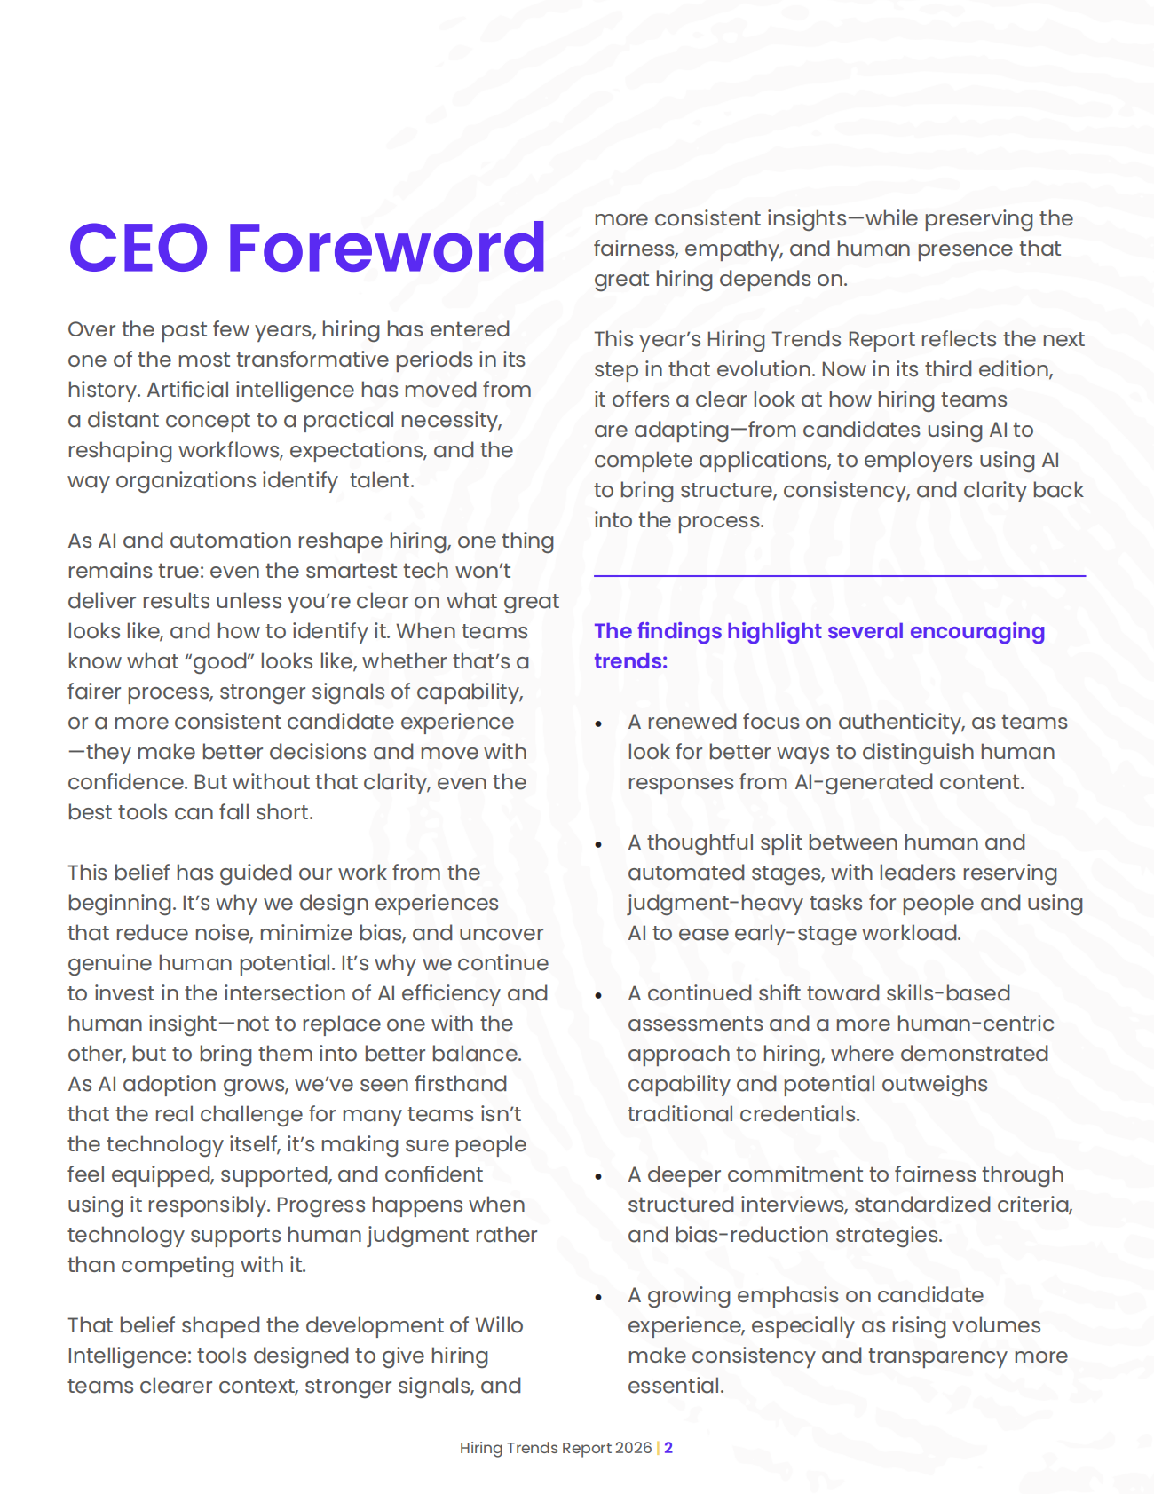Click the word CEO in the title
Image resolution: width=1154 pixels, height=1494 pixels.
coord(138,248)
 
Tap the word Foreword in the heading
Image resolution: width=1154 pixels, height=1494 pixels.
coord(386,248)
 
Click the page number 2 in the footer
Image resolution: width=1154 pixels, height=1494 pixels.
coord(668,1448)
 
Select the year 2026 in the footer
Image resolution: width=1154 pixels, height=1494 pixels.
coord(633,1448)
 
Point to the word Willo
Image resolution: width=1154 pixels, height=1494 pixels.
coord(499,1325)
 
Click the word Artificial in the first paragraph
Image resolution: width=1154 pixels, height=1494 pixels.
coord(187,390)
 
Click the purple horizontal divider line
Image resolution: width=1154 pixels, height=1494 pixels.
coord(839,576)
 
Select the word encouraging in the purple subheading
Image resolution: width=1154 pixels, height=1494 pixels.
coord(977,631)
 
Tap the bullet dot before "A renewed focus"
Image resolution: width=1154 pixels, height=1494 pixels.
coord(599,724)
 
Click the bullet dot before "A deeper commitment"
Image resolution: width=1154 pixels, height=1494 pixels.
coord(599,1177)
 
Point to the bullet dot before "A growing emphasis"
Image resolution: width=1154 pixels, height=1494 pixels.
coord(599,1298)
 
